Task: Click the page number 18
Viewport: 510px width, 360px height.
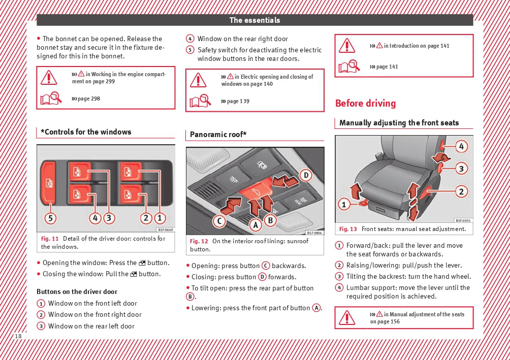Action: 18,336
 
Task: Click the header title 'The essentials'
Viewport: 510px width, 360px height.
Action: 254,20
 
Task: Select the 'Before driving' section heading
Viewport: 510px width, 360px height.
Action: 365,104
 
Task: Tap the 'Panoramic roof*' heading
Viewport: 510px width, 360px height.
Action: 218,135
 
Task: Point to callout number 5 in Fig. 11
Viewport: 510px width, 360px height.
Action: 50,218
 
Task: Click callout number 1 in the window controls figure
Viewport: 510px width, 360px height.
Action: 160,218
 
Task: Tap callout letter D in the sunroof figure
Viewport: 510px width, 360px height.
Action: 306,176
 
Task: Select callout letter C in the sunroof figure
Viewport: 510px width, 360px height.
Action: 219,221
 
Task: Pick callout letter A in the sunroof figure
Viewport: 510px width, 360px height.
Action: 256,223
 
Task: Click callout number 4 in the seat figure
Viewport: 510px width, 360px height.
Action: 461,147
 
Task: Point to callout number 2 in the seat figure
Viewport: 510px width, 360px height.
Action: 461,191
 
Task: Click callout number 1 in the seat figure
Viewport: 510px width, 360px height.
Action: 344,205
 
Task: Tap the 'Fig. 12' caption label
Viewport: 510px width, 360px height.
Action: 199,241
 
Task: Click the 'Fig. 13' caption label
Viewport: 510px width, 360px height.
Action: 348,229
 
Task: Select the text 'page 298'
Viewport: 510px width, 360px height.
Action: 88,99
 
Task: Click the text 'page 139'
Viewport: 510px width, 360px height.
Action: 238,101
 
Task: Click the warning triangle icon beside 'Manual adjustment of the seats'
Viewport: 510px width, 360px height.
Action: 347,317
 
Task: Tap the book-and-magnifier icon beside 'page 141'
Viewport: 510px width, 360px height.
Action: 349,67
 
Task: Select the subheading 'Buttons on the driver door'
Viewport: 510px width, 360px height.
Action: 77,292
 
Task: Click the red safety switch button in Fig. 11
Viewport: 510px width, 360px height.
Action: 48,183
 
